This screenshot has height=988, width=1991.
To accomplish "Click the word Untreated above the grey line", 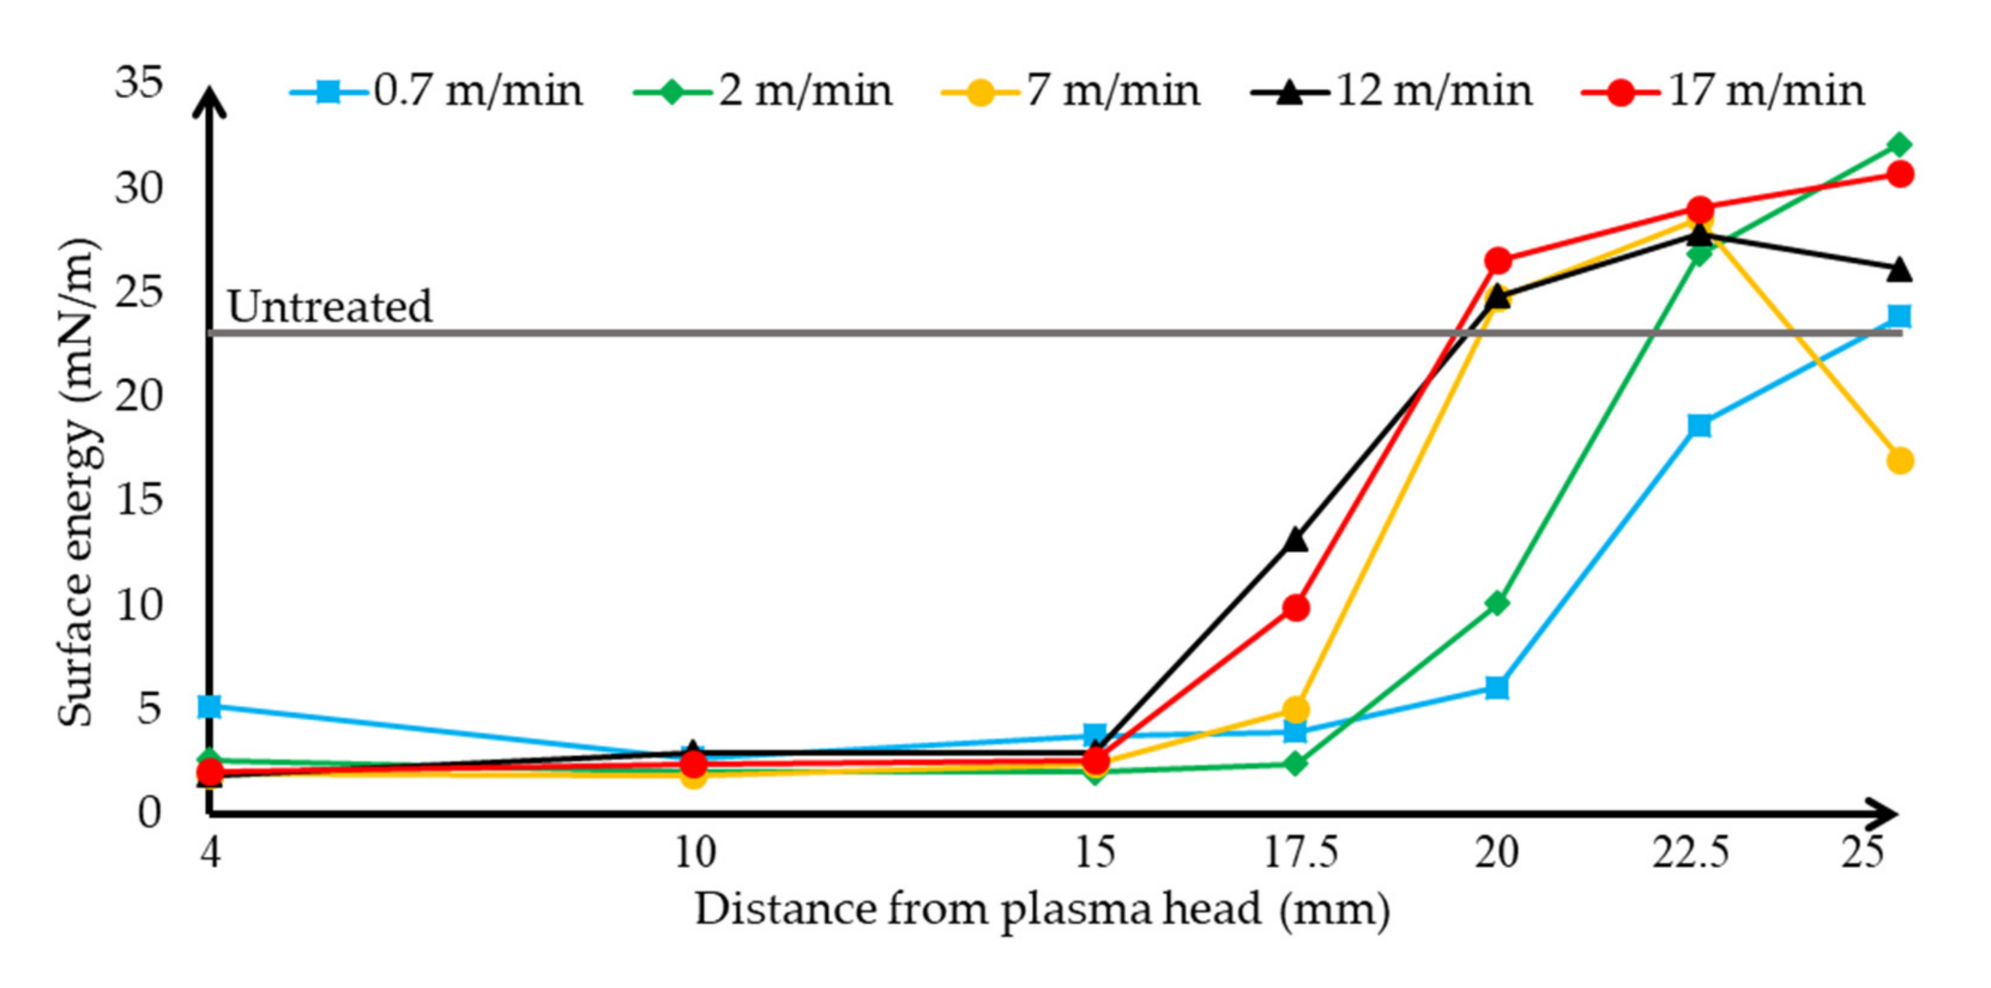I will [330, 307].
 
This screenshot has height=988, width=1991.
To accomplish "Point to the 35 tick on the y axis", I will [140, 83].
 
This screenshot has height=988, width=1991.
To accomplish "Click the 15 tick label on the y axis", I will [140, 500].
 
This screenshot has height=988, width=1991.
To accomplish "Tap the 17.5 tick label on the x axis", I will [1300, 854].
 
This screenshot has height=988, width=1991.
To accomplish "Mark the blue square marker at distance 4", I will [209, 706].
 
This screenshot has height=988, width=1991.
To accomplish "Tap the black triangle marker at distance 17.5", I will [1296, 540].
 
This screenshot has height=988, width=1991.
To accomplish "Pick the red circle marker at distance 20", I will [1498, 261].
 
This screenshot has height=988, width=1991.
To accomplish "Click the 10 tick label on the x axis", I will [696, 854].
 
